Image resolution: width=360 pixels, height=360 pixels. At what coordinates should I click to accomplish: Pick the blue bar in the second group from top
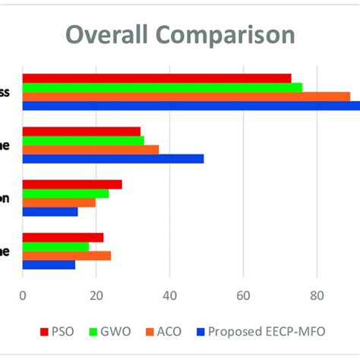point(113,159)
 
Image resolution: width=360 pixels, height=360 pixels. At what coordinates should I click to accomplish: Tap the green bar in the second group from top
point(83,141)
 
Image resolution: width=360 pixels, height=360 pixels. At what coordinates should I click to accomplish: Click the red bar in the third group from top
point(72,185)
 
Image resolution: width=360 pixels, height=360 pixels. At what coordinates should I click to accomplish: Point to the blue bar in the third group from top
point(50,212)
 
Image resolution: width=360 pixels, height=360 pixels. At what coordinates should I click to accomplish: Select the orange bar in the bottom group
point(67,256)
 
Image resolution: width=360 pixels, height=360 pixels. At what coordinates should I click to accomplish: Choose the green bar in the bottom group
point(55,247)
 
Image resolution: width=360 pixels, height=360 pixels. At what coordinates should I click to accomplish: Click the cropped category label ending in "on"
point(5,198)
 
